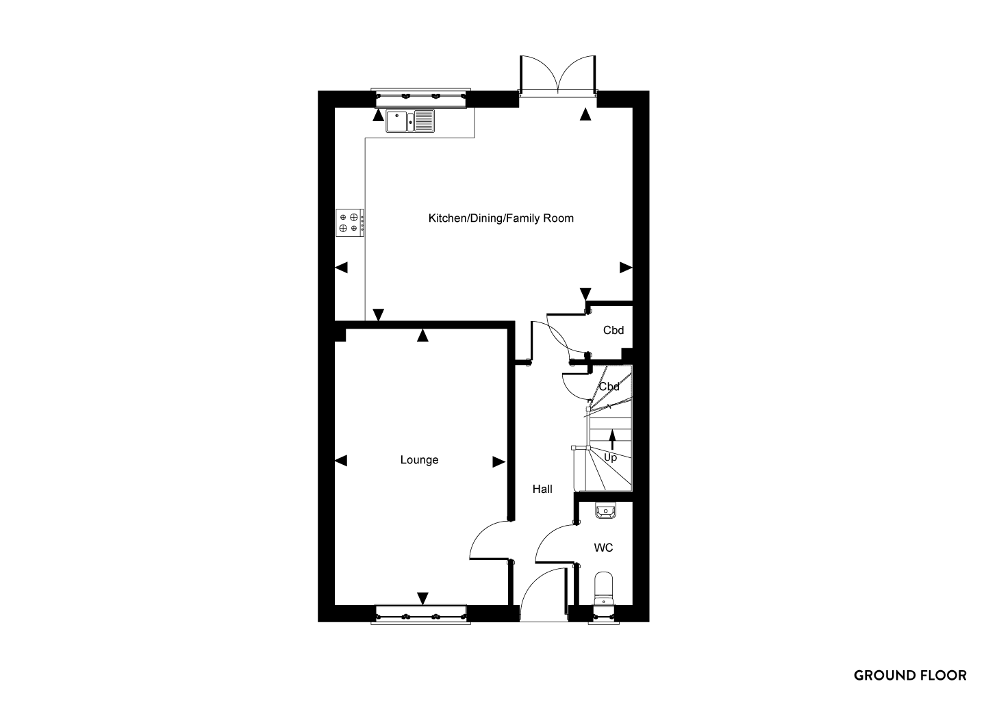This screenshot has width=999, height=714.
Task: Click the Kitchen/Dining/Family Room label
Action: pos(501,218)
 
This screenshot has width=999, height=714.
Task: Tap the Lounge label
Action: pos(419,460)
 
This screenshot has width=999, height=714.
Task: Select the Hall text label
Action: pos(542,489)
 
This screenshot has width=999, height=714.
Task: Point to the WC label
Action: pos(603,548)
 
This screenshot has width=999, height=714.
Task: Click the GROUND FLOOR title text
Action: pos(910,676)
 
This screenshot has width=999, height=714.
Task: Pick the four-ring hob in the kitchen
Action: pos(350,223)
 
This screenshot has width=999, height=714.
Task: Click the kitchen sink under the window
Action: pos(410,121)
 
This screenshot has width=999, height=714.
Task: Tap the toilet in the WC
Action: pos(603,589)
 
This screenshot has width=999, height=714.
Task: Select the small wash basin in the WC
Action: pos(605,510)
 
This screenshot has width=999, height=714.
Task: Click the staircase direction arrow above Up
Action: pos(612,439)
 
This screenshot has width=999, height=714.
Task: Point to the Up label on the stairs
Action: pos(611,457)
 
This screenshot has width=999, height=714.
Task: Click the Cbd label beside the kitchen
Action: pos(614,331)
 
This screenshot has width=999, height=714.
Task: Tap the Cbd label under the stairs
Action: pos(609,387)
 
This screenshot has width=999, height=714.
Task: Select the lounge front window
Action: pos(421,614)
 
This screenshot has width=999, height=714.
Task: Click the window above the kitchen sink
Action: pos(421,98)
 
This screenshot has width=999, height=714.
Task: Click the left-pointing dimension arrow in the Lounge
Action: pos(341,461)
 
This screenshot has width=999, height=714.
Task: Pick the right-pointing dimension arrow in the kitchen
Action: pos(626,268)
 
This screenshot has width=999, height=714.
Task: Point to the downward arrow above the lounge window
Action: pos(422,598)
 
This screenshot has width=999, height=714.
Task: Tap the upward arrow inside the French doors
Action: pos(585,114)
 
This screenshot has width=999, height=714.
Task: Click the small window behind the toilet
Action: pos(603,615)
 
